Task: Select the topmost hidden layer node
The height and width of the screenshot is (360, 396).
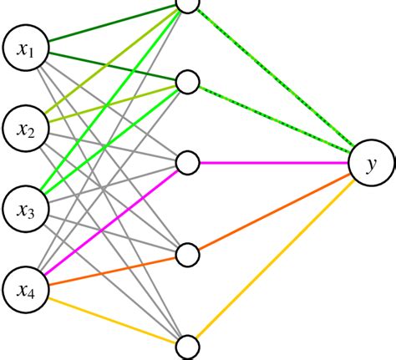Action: coord(187,5)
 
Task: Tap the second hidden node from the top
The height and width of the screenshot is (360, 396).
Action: coord(187,82)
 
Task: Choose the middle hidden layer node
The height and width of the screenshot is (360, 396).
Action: coord(187,162)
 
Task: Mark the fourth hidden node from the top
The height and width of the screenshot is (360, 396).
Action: coord(187,252)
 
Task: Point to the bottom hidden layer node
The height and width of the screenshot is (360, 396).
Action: coord(187,346)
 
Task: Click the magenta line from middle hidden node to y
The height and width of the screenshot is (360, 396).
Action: coord(276,162)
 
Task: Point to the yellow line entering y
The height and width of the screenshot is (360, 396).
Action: coord(276,259)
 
